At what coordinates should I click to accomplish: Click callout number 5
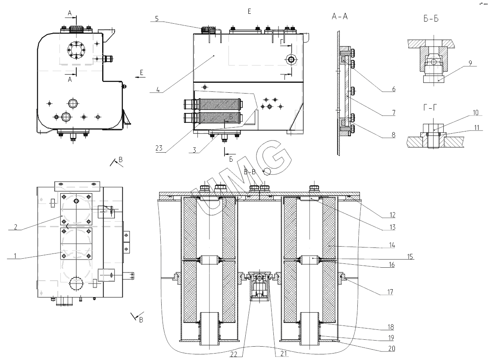pyautogui.click(x=157, y=19)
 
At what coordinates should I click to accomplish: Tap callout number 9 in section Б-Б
pyautogui.click(x=470, y=63)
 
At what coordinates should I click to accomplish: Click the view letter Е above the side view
pyautogui.click(x=249, y=11)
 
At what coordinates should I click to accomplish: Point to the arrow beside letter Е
pyautogui.click(x=139, y=76)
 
